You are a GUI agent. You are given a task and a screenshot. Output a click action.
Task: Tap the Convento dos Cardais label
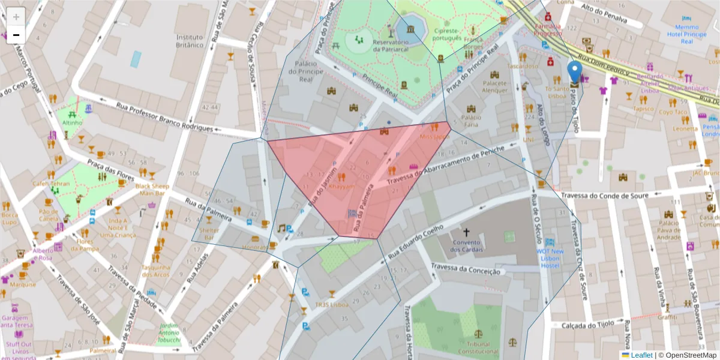click(464, 246)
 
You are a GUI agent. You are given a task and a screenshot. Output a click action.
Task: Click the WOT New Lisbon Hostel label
click(550, 258)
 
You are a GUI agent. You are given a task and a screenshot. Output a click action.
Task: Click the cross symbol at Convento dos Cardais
click(465, 232)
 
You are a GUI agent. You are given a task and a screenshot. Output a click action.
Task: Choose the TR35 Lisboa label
click(332, 304)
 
